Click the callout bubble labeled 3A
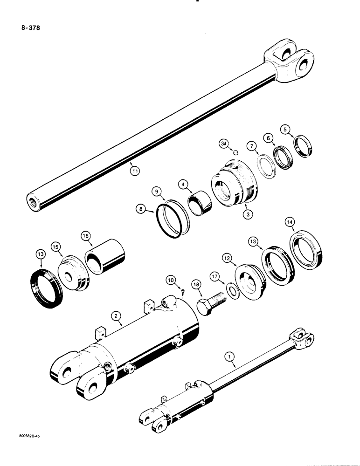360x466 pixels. [224, 146]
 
